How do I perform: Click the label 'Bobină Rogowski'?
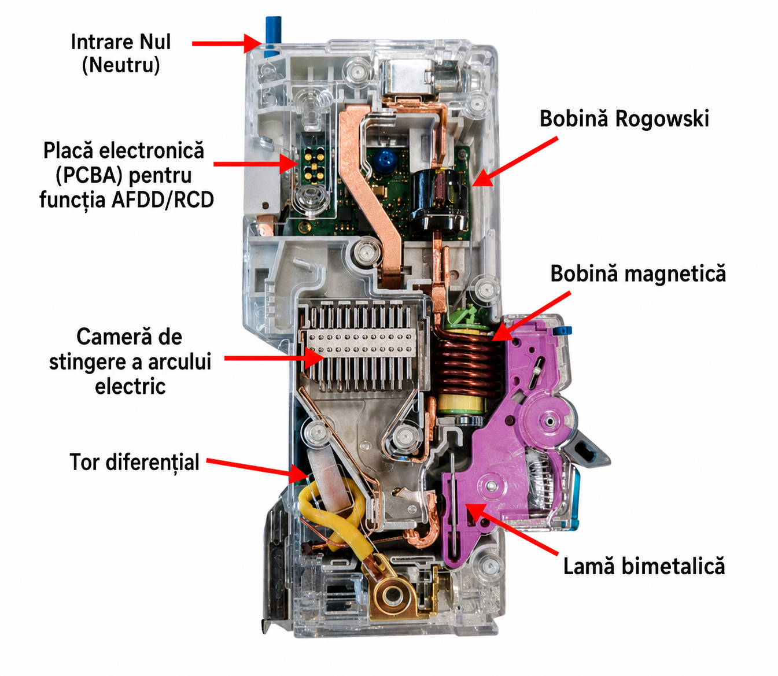(x=624, y=119)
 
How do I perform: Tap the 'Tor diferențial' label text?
(x=134, y=462)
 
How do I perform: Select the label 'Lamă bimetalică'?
(x=644, y=566)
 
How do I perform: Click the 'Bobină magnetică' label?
(x=638, y=274)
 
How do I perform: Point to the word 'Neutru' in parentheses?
(x=121, y=65)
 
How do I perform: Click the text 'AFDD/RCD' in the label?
(x=163, y=200)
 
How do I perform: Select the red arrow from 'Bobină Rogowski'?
(x=515, y=162)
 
